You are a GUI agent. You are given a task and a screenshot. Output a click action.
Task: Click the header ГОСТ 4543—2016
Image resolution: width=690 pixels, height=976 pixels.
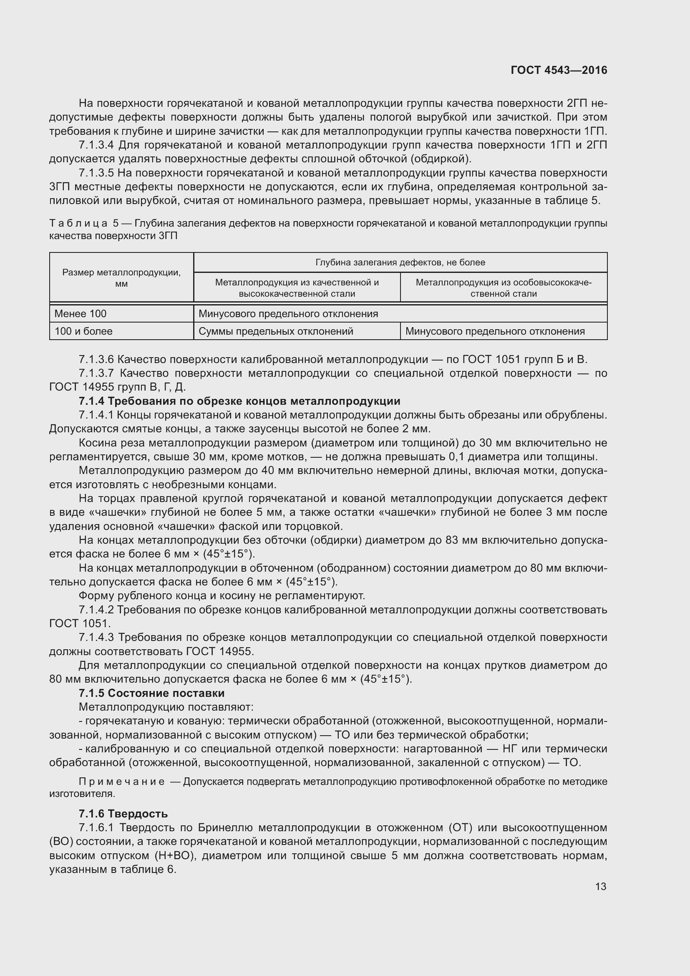tap(559, 70)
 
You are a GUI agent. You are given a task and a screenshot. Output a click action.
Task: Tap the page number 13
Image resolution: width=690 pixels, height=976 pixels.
tap(601, 886)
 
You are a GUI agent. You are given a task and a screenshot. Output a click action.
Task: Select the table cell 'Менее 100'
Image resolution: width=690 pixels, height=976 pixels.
tap(81, 314)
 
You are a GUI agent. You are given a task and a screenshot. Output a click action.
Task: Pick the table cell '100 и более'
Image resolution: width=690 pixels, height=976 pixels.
tap(84, 331)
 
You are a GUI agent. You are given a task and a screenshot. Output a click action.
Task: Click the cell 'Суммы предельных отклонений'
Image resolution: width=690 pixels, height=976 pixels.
tap(276, 331)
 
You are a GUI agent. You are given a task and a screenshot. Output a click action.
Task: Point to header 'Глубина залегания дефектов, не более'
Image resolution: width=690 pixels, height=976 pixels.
tap(400, 262)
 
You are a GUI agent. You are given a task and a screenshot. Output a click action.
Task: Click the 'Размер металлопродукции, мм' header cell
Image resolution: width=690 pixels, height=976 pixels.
tap(121, 277)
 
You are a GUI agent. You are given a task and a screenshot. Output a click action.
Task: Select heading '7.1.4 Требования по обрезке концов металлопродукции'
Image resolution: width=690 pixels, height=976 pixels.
tap(239, 401)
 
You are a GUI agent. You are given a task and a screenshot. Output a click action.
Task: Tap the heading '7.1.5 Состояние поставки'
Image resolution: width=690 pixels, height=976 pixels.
tap(152, 693)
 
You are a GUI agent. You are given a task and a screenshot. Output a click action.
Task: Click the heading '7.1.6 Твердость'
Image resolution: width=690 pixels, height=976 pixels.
tap(123, 814)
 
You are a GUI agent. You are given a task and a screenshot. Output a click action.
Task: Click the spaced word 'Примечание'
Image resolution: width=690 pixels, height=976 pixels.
tap(122, 781)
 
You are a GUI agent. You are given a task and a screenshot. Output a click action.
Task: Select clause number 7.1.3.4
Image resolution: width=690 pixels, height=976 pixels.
tap(96, 145)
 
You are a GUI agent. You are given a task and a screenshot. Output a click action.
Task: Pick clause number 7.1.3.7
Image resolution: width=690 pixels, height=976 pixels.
tap(96, 373)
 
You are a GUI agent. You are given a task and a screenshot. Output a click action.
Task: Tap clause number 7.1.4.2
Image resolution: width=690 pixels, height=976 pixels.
tap(96, 610)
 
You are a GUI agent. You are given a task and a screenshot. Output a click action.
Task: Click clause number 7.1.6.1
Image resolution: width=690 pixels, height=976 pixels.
tap(96, 827)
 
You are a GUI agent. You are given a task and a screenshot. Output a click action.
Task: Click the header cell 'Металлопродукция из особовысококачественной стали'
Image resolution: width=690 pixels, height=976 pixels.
tap(504, 288)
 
